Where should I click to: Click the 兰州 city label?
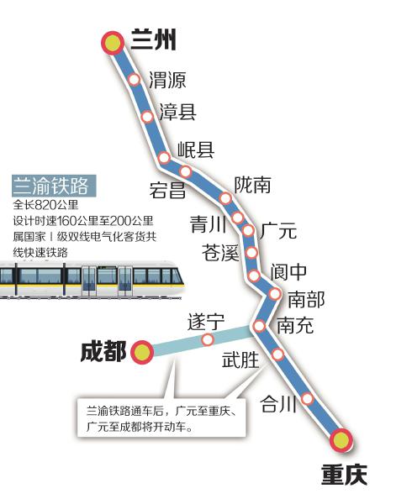153,39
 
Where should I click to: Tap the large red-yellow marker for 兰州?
113,43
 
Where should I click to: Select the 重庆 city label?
344,475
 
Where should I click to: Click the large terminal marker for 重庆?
341,440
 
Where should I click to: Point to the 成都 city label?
103,351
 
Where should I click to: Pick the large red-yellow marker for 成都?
142,352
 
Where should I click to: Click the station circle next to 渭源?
135,79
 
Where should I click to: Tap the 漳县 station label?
178,112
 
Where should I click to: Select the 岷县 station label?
196,150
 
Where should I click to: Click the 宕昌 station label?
167,190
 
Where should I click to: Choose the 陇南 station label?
252,185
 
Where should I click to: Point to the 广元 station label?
277,230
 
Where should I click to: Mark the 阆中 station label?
288,272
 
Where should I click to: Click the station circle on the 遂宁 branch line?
208,339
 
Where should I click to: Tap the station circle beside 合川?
308,398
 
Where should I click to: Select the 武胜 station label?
240,360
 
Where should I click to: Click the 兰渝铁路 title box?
54,186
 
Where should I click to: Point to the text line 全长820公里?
45,205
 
